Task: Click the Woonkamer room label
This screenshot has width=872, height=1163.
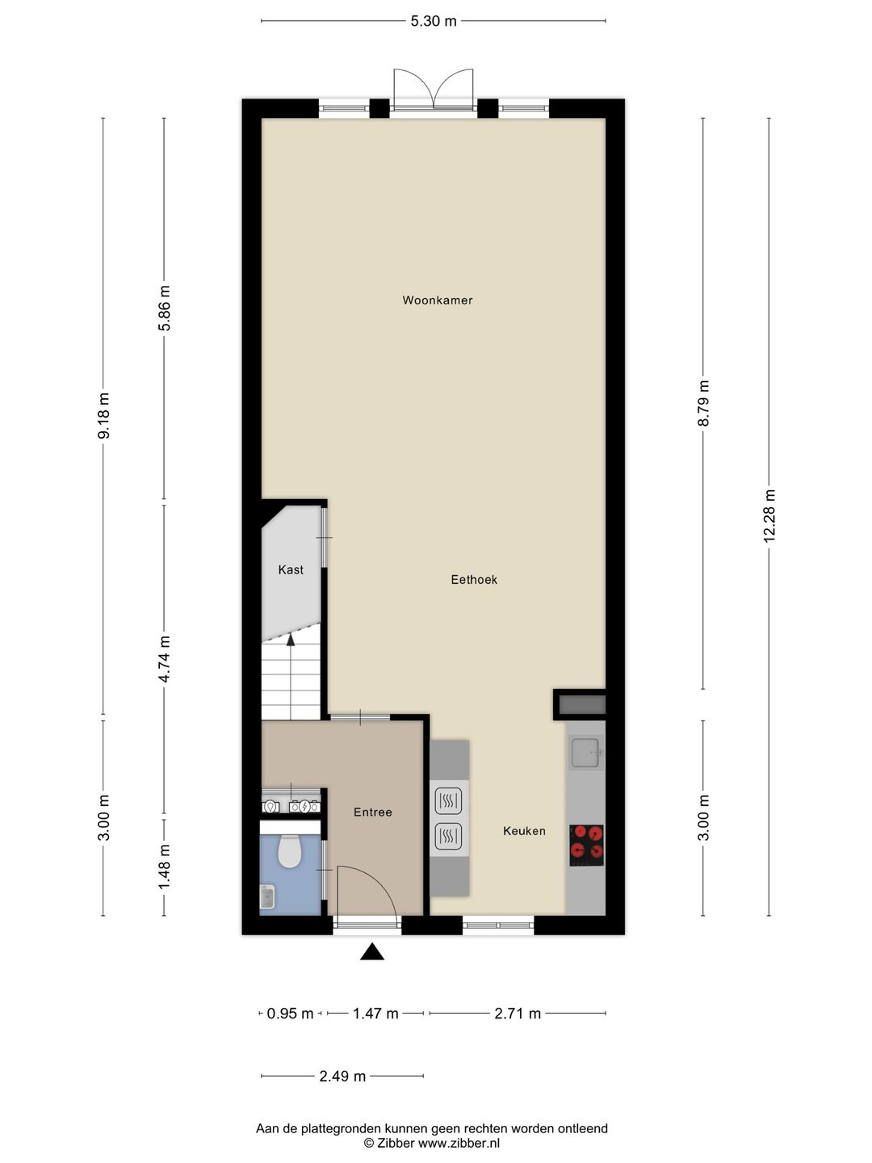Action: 438,300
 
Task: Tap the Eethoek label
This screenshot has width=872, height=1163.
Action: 474,580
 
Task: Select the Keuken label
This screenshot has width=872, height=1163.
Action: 524,831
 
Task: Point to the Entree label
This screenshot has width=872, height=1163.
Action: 373,812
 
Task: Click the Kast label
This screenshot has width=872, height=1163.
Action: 291,570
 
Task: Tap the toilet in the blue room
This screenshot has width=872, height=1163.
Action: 289,851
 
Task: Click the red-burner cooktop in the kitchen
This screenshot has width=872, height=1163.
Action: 586,845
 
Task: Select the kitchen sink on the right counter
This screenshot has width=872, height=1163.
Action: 585,754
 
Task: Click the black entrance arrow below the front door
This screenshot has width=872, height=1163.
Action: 371,952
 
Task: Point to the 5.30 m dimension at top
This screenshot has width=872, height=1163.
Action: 434,21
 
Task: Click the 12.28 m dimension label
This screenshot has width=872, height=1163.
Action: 769,516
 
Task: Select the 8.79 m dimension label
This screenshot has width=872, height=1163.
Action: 703,404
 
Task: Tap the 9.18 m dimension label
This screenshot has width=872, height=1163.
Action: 103,416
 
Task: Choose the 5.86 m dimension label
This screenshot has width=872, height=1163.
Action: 165,309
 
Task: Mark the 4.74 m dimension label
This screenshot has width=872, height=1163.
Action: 165,659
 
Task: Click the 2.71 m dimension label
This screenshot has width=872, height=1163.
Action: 518,1014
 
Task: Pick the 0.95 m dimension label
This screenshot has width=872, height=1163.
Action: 290,1014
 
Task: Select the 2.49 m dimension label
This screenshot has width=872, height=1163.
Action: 342,1077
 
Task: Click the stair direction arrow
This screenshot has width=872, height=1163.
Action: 291,640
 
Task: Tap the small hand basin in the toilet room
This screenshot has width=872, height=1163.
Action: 267,896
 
